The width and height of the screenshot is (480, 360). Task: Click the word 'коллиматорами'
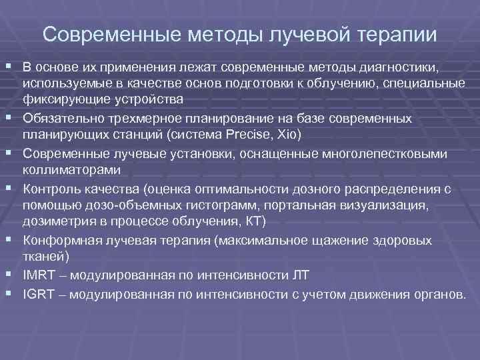point(61,169)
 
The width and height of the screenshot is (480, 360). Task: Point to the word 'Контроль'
point(47,189)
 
